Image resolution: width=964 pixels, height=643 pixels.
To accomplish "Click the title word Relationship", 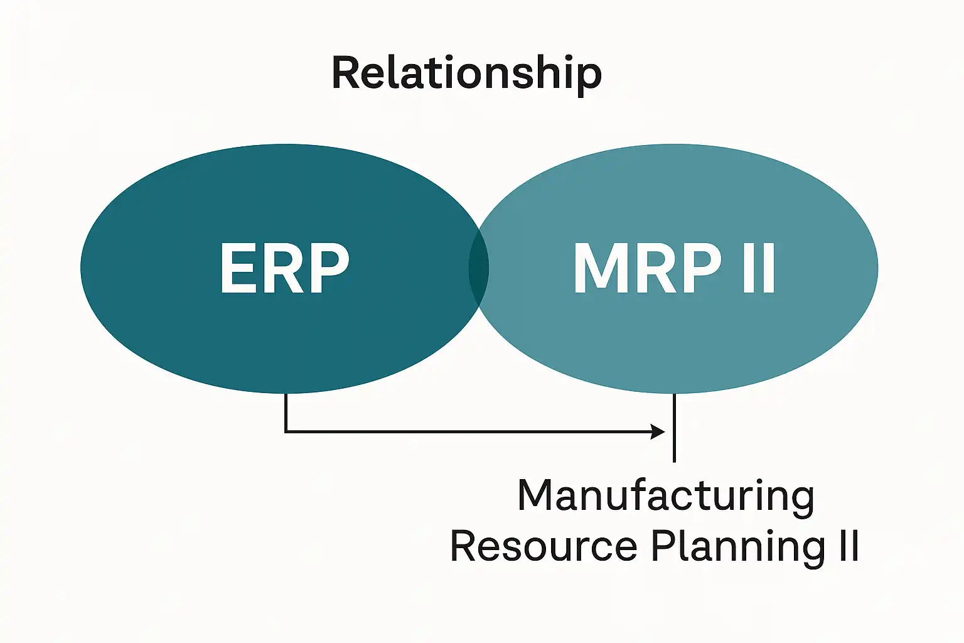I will [x=466, y=73].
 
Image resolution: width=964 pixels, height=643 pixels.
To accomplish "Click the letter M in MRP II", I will [x=602, y=268].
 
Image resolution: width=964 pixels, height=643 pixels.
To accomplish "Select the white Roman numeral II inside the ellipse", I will [x=759, y=268].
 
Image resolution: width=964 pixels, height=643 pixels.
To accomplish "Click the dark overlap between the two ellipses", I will [x=479, y=268].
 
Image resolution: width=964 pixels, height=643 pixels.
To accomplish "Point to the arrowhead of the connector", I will [x=658, y=431].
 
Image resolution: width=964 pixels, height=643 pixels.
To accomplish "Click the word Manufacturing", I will [x=665, y=496].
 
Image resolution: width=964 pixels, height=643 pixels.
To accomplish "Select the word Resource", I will [x=544, y=546].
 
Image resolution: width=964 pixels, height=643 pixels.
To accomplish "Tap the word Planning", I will [x=738, y=547].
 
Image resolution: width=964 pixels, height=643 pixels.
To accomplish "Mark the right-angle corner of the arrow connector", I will [x=286, y=431].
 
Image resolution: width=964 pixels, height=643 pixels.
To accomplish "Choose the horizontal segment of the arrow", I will [x=471, y=431].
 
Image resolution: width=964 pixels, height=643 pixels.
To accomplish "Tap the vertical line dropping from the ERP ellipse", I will [x=286, y=411].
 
